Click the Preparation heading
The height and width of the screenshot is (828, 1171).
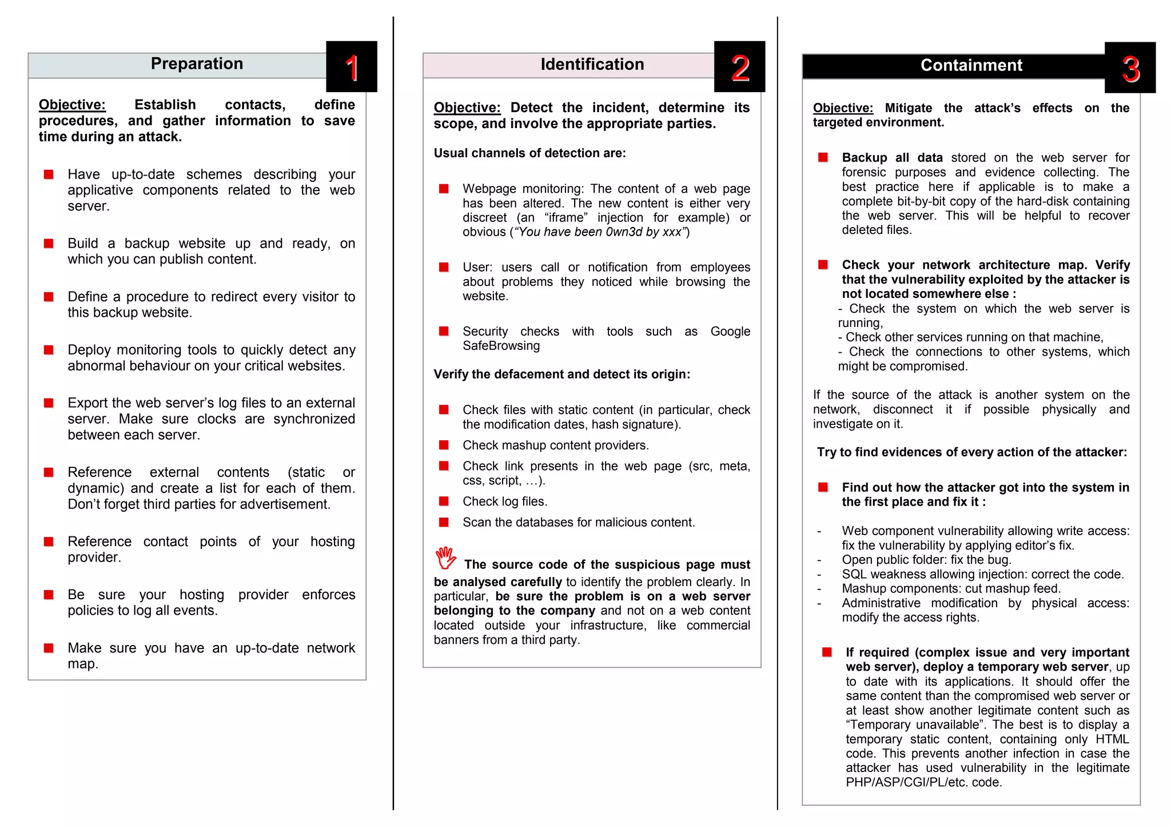click(x=197, y=63)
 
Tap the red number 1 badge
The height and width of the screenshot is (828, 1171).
click(x=352, y=67)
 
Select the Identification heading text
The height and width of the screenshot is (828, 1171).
click(x=592, y=64)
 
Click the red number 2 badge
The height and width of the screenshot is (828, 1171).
click(x=740, y=68)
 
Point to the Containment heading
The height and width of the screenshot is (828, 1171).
click(x=971, y=65)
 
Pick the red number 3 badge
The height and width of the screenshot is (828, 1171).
click(x=1130, y=69)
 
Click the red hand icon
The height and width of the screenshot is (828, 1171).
click(x=445, y=558)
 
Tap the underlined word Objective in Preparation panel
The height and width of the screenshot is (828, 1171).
click(x=72, y=105)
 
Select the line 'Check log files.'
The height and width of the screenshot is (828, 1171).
click(x=505, y=501)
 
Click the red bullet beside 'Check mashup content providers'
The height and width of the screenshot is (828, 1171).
click(x=444, y=445)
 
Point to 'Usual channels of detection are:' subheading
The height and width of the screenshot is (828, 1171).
click(x=529, y=153)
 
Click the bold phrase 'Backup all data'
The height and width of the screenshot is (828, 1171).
click(x=892, y=158)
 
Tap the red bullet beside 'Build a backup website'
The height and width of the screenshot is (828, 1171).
click(x=49, y=244)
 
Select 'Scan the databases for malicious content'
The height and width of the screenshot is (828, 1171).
click(x=579, y=523)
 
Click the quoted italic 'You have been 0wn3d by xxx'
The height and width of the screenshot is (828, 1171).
click(x=599, y=232)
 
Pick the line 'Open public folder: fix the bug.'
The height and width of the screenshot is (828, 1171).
click(x=926, y=560)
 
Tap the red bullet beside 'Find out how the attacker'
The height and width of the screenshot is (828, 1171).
click(x=823, y=487)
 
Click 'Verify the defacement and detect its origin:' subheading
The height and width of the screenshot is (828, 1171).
click(x=561, y=375)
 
